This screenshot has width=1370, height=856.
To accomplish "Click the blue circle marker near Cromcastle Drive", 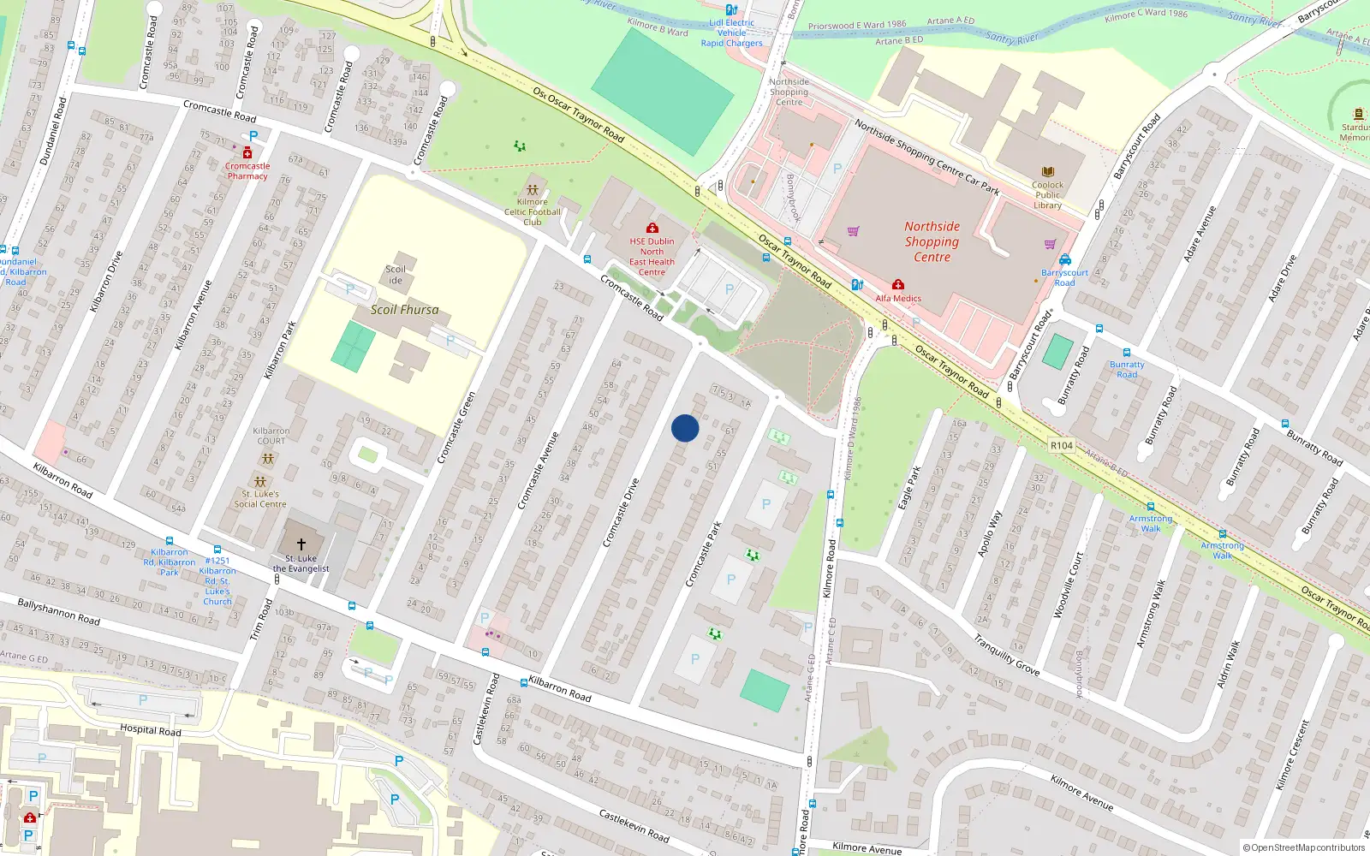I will click(x=685, y=428).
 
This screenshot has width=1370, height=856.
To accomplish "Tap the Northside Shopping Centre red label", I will click(x=932, y=241).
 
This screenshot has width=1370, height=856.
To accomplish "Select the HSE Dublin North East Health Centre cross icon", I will click(x=652, y=228).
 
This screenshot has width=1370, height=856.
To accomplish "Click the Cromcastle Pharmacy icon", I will click(x=247, y=152).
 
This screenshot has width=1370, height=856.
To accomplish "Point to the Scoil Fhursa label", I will click(x=404, y=310).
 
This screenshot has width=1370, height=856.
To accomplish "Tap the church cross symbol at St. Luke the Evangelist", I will click(x=301, y=544).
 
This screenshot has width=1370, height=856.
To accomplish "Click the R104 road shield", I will click(x=1062, y=445).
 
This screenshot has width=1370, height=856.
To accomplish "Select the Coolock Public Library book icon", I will click(x=1047, y=172).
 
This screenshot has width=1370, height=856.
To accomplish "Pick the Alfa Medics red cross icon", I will click(x=897, y=285).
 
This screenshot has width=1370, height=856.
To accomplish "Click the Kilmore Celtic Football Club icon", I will click(x=533, y=189).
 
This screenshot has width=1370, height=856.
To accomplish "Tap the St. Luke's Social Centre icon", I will click(x=260, y=482).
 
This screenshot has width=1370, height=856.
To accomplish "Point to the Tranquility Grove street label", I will click(x=1006, y=655).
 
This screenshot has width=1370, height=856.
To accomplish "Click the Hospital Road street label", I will click(x=151, y=730).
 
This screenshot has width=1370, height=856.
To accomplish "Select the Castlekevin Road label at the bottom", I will click(x=634, y=824).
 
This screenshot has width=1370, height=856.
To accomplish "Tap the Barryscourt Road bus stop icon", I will click(x=1065, y=259).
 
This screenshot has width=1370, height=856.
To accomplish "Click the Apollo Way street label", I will click(x=989, y=533).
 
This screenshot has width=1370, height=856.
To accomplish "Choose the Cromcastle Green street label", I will click(x=456, y=428).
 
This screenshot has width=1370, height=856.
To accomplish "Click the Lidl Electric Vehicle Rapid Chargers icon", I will click(x=731, y=9).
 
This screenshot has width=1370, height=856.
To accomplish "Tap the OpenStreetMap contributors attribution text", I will click(x=1304, y=848).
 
